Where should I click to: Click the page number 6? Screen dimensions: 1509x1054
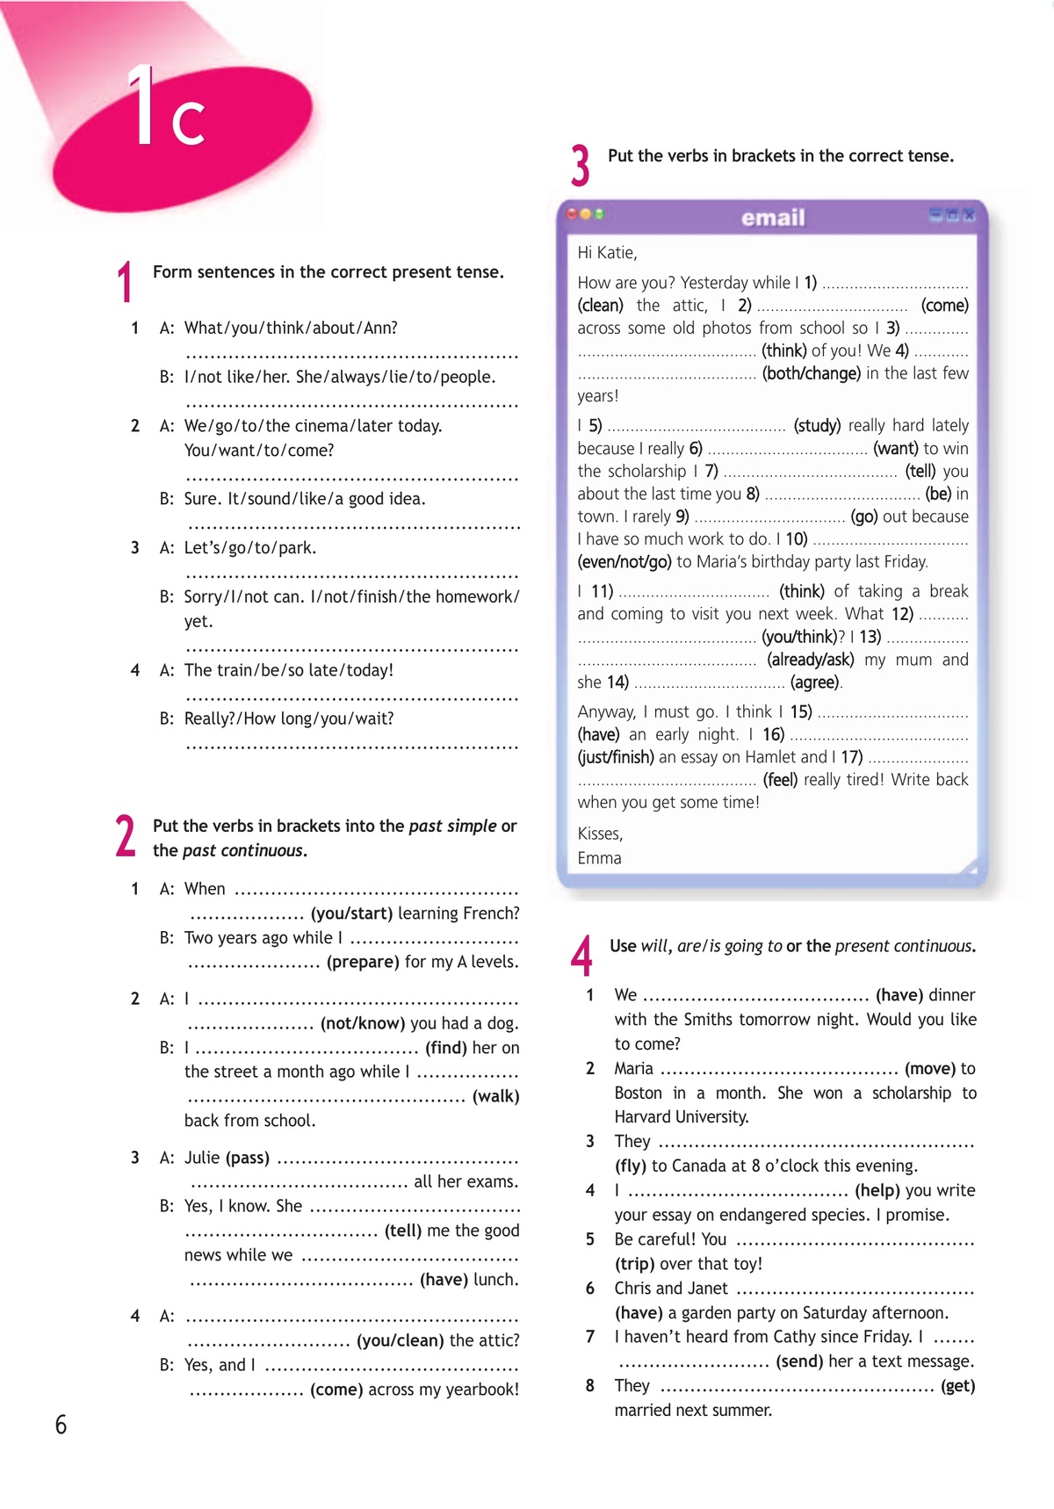click(x=61, y=1424)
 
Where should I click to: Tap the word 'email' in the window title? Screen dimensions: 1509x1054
click(x=773, y=218)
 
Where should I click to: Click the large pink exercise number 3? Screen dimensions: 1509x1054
click(x=580, y=166)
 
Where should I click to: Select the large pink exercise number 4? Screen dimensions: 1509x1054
click(x=581, y=956)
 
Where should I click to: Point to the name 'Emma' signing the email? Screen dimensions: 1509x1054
click(x=599, y=858)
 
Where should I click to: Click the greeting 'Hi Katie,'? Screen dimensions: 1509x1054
click(x=607, y=253)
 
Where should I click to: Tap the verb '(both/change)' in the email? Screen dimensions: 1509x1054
click(x=811, y=373)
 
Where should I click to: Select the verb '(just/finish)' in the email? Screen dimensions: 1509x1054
click(x=615, y=757)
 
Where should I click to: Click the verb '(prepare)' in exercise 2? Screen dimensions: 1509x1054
click(x=363, y=962)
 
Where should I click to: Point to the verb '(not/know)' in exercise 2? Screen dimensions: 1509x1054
click(x=363, y=1023)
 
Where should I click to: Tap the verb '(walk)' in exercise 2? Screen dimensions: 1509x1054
click(x=496, y=1096)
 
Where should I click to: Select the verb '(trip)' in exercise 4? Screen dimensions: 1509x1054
click(x=634, y=1264)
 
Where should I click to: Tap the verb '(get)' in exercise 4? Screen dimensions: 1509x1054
click(x=957, y=1386)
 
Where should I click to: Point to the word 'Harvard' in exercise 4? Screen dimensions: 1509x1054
click(x=647, y=1117)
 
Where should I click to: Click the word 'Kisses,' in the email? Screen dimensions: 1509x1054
click(x=600, y=834)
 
